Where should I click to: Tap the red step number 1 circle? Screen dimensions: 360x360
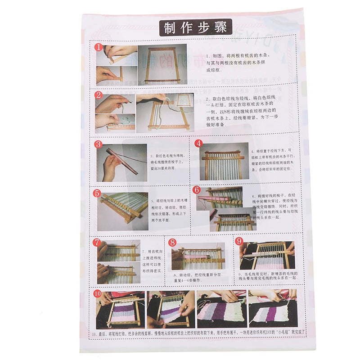pos(98,47)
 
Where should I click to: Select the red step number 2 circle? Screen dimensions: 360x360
pos(99,95)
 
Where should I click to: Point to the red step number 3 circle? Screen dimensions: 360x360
pos(99,144)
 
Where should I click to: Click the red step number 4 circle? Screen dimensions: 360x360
pos(198,144)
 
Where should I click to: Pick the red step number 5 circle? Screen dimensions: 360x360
pos(97,193)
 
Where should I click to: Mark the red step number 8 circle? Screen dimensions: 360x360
pos(172,243)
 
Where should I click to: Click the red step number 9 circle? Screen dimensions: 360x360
pos(239,241)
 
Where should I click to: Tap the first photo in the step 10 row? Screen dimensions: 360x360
pos(120,309)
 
